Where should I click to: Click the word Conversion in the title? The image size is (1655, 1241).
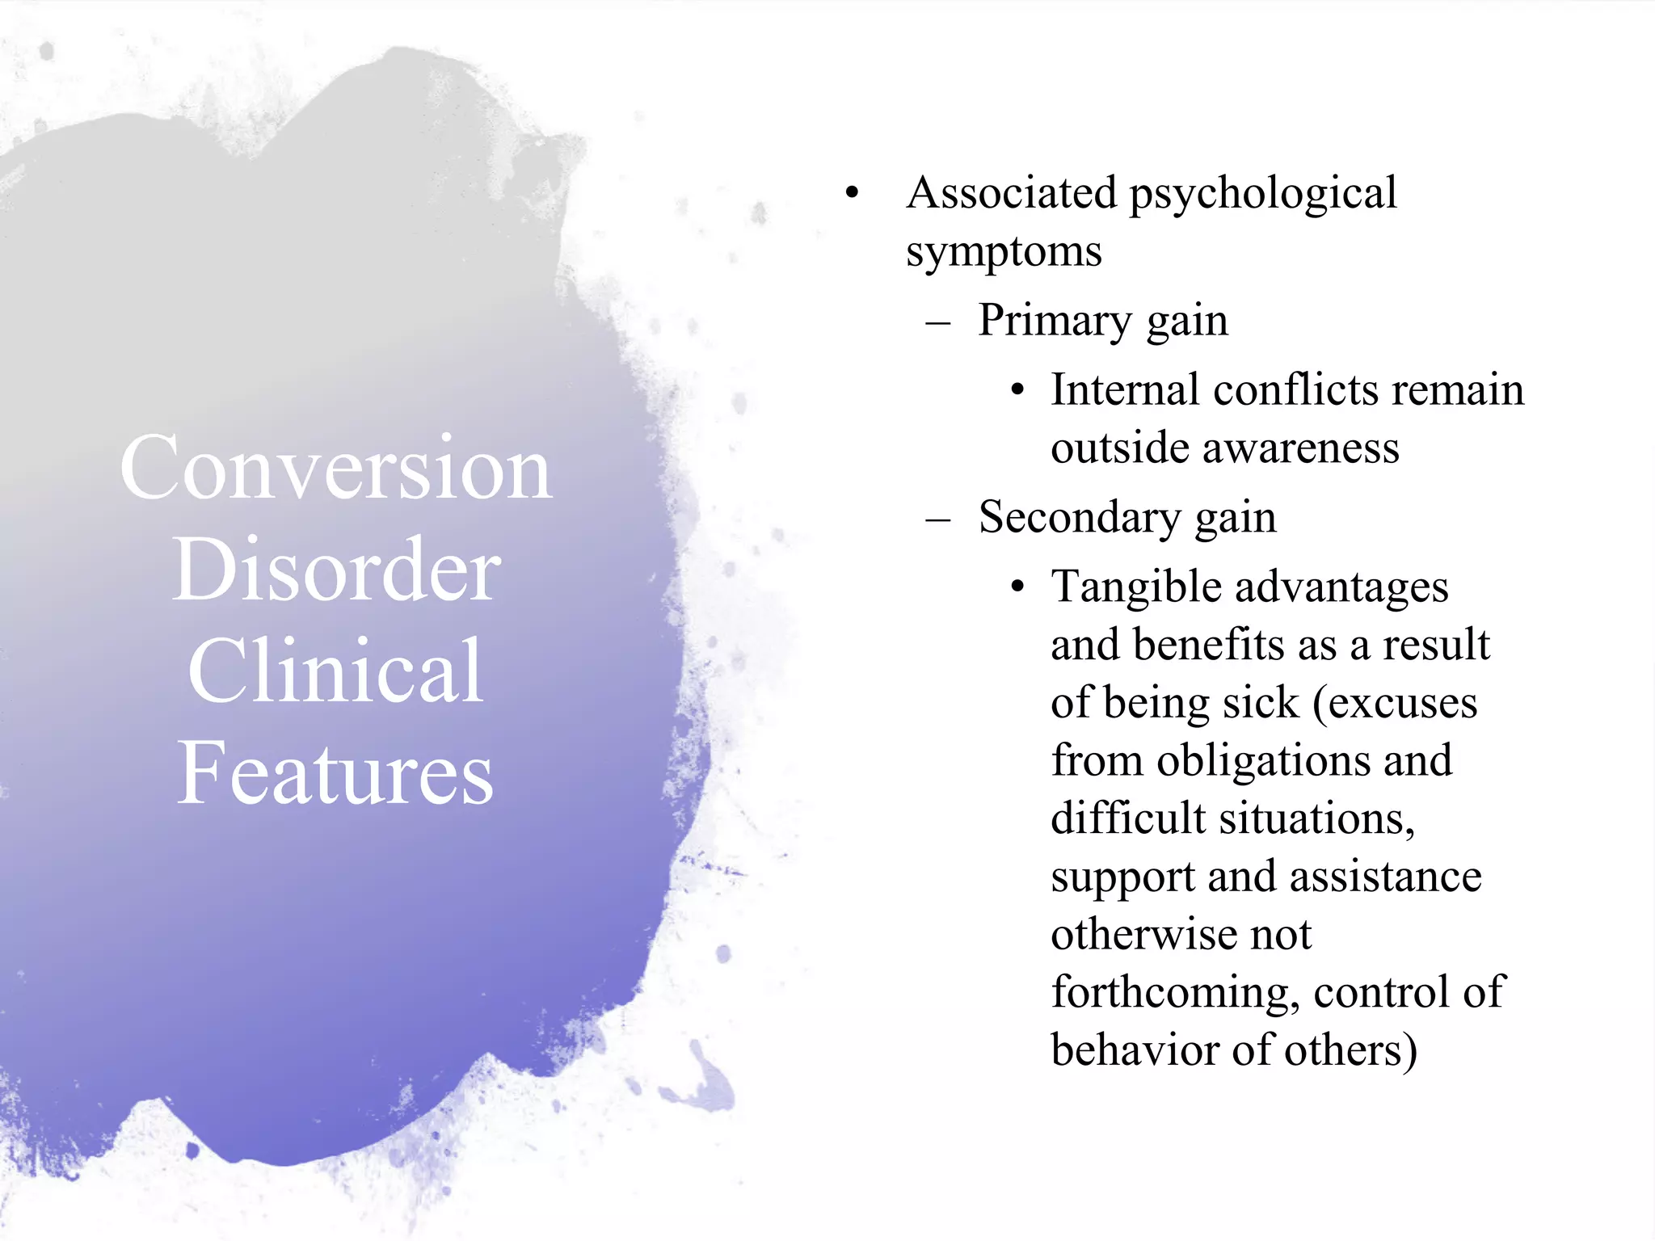(x=336, y=469)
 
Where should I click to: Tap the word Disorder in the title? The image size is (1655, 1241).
(x=336, y=570)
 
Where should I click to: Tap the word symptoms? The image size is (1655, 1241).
(x=1004, y=253)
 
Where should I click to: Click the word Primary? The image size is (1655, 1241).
(x=1054, y=322)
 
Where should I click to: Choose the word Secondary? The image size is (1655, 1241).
(x=1079, y=517)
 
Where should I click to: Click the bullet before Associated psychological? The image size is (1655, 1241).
(x=852, y=194)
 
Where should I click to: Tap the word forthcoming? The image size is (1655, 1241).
(x=1175, y=993)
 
